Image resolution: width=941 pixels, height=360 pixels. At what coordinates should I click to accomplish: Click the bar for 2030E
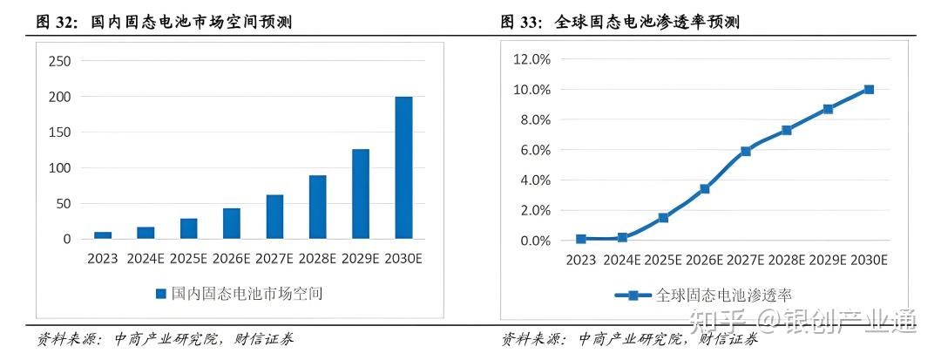pos(403,167)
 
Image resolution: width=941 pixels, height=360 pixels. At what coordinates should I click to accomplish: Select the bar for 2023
pos(103,235)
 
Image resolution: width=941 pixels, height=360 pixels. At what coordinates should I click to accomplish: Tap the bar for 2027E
pos(274,216)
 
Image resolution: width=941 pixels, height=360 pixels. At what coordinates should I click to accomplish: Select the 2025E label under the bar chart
pos(188,258)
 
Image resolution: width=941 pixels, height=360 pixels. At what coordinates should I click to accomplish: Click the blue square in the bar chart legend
pos(160,295)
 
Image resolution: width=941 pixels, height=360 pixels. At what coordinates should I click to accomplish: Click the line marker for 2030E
pos(869,89)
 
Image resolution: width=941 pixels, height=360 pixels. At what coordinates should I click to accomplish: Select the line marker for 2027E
pos(746,151)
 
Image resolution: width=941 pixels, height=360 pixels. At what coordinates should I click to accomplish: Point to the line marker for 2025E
pos(663,217)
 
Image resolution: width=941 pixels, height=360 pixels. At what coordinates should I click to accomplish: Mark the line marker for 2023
pos(581,239)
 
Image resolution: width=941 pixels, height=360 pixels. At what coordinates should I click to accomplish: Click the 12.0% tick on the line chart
pos(531,59)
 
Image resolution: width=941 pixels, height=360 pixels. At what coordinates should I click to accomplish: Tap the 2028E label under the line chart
pos(786,260)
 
